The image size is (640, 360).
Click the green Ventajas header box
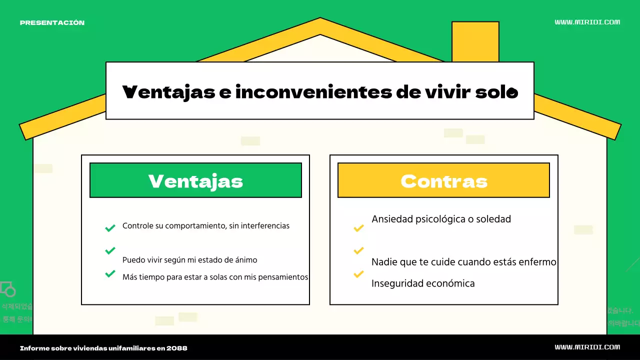point(195,180)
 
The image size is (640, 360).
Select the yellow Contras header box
point(443,180)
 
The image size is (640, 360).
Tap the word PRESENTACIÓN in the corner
point(52,22)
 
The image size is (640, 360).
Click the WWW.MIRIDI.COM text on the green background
point(587,22)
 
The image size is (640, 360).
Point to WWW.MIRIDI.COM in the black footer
point(587,347)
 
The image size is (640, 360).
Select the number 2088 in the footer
point(179,348)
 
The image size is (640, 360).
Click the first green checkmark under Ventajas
point(110,228)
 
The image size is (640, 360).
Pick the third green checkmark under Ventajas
point(110,273)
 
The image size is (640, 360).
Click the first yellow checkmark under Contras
point(358,228)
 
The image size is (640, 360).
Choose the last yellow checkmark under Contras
point(358,274)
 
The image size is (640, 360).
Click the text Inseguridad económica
point(423,283)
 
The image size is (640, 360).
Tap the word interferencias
point(265,226)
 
